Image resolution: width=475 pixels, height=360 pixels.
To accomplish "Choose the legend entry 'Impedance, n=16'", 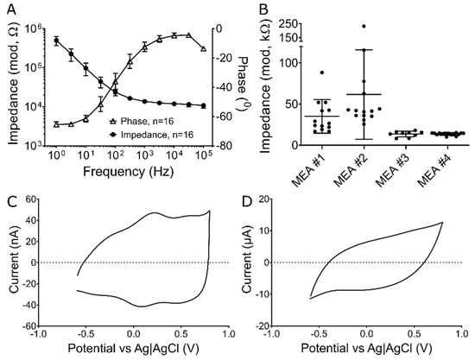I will pos(152,136).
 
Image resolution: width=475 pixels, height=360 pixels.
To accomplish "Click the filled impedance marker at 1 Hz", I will pos(56,41).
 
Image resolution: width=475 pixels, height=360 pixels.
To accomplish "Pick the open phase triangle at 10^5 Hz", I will pos(203,49).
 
